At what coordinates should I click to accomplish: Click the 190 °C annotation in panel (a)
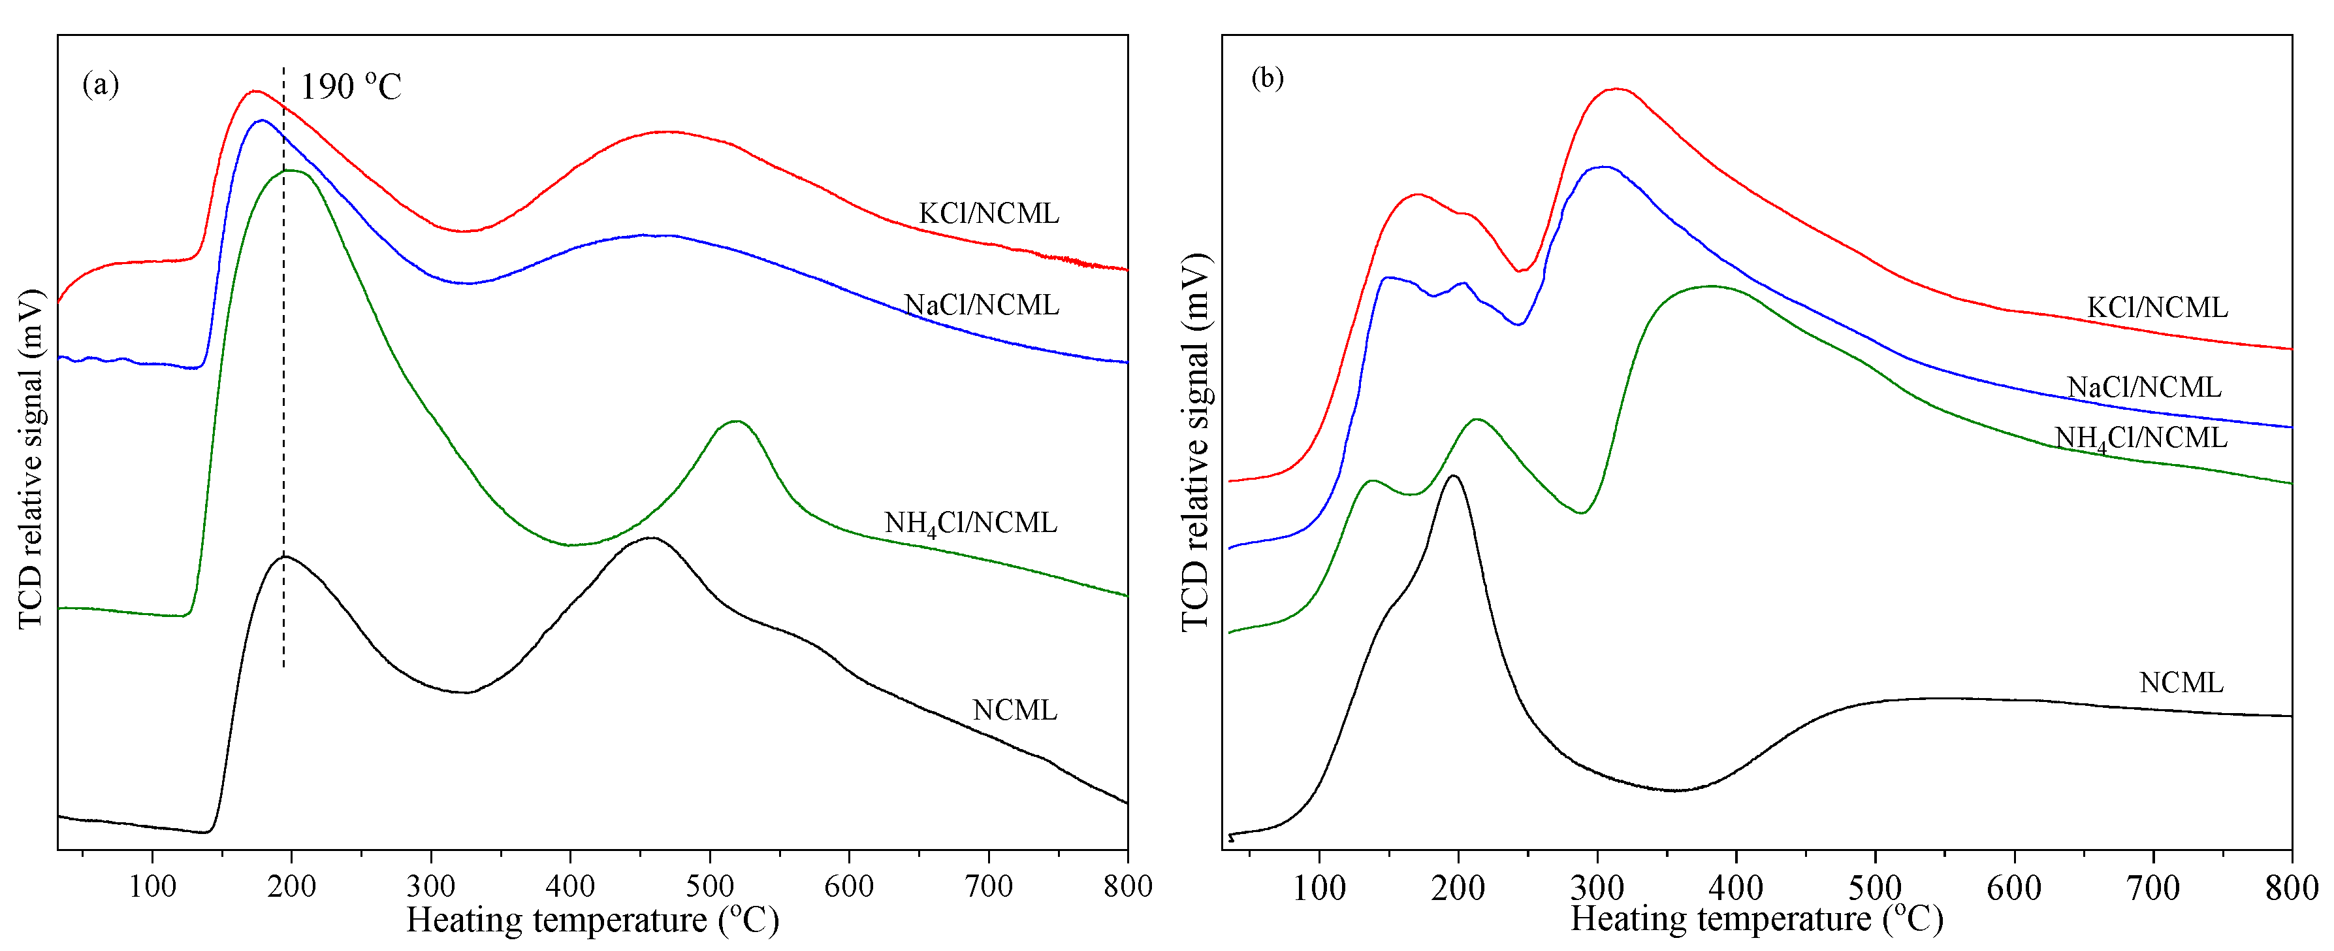350,87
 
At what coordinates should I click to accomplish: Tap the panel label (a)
101,84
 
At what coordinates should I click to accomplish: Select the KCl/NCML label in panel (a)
989,214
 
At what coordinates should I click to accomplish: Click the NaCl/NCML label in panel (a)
982,305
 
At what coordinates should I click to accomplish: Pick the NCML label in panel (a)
1014,710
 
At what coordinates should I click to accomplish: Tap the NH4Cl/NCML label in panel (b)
2140,439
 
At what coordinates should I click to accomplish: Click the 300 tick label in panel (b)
1597,888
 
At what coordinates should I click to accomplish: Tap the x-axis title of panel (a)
592,921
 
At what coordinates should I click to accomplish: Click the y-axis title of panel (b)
1196,442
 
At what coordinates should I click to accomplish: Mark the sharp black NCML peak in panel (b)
1453,476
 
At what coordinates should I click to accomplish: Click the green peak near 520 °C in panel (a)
737,422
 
